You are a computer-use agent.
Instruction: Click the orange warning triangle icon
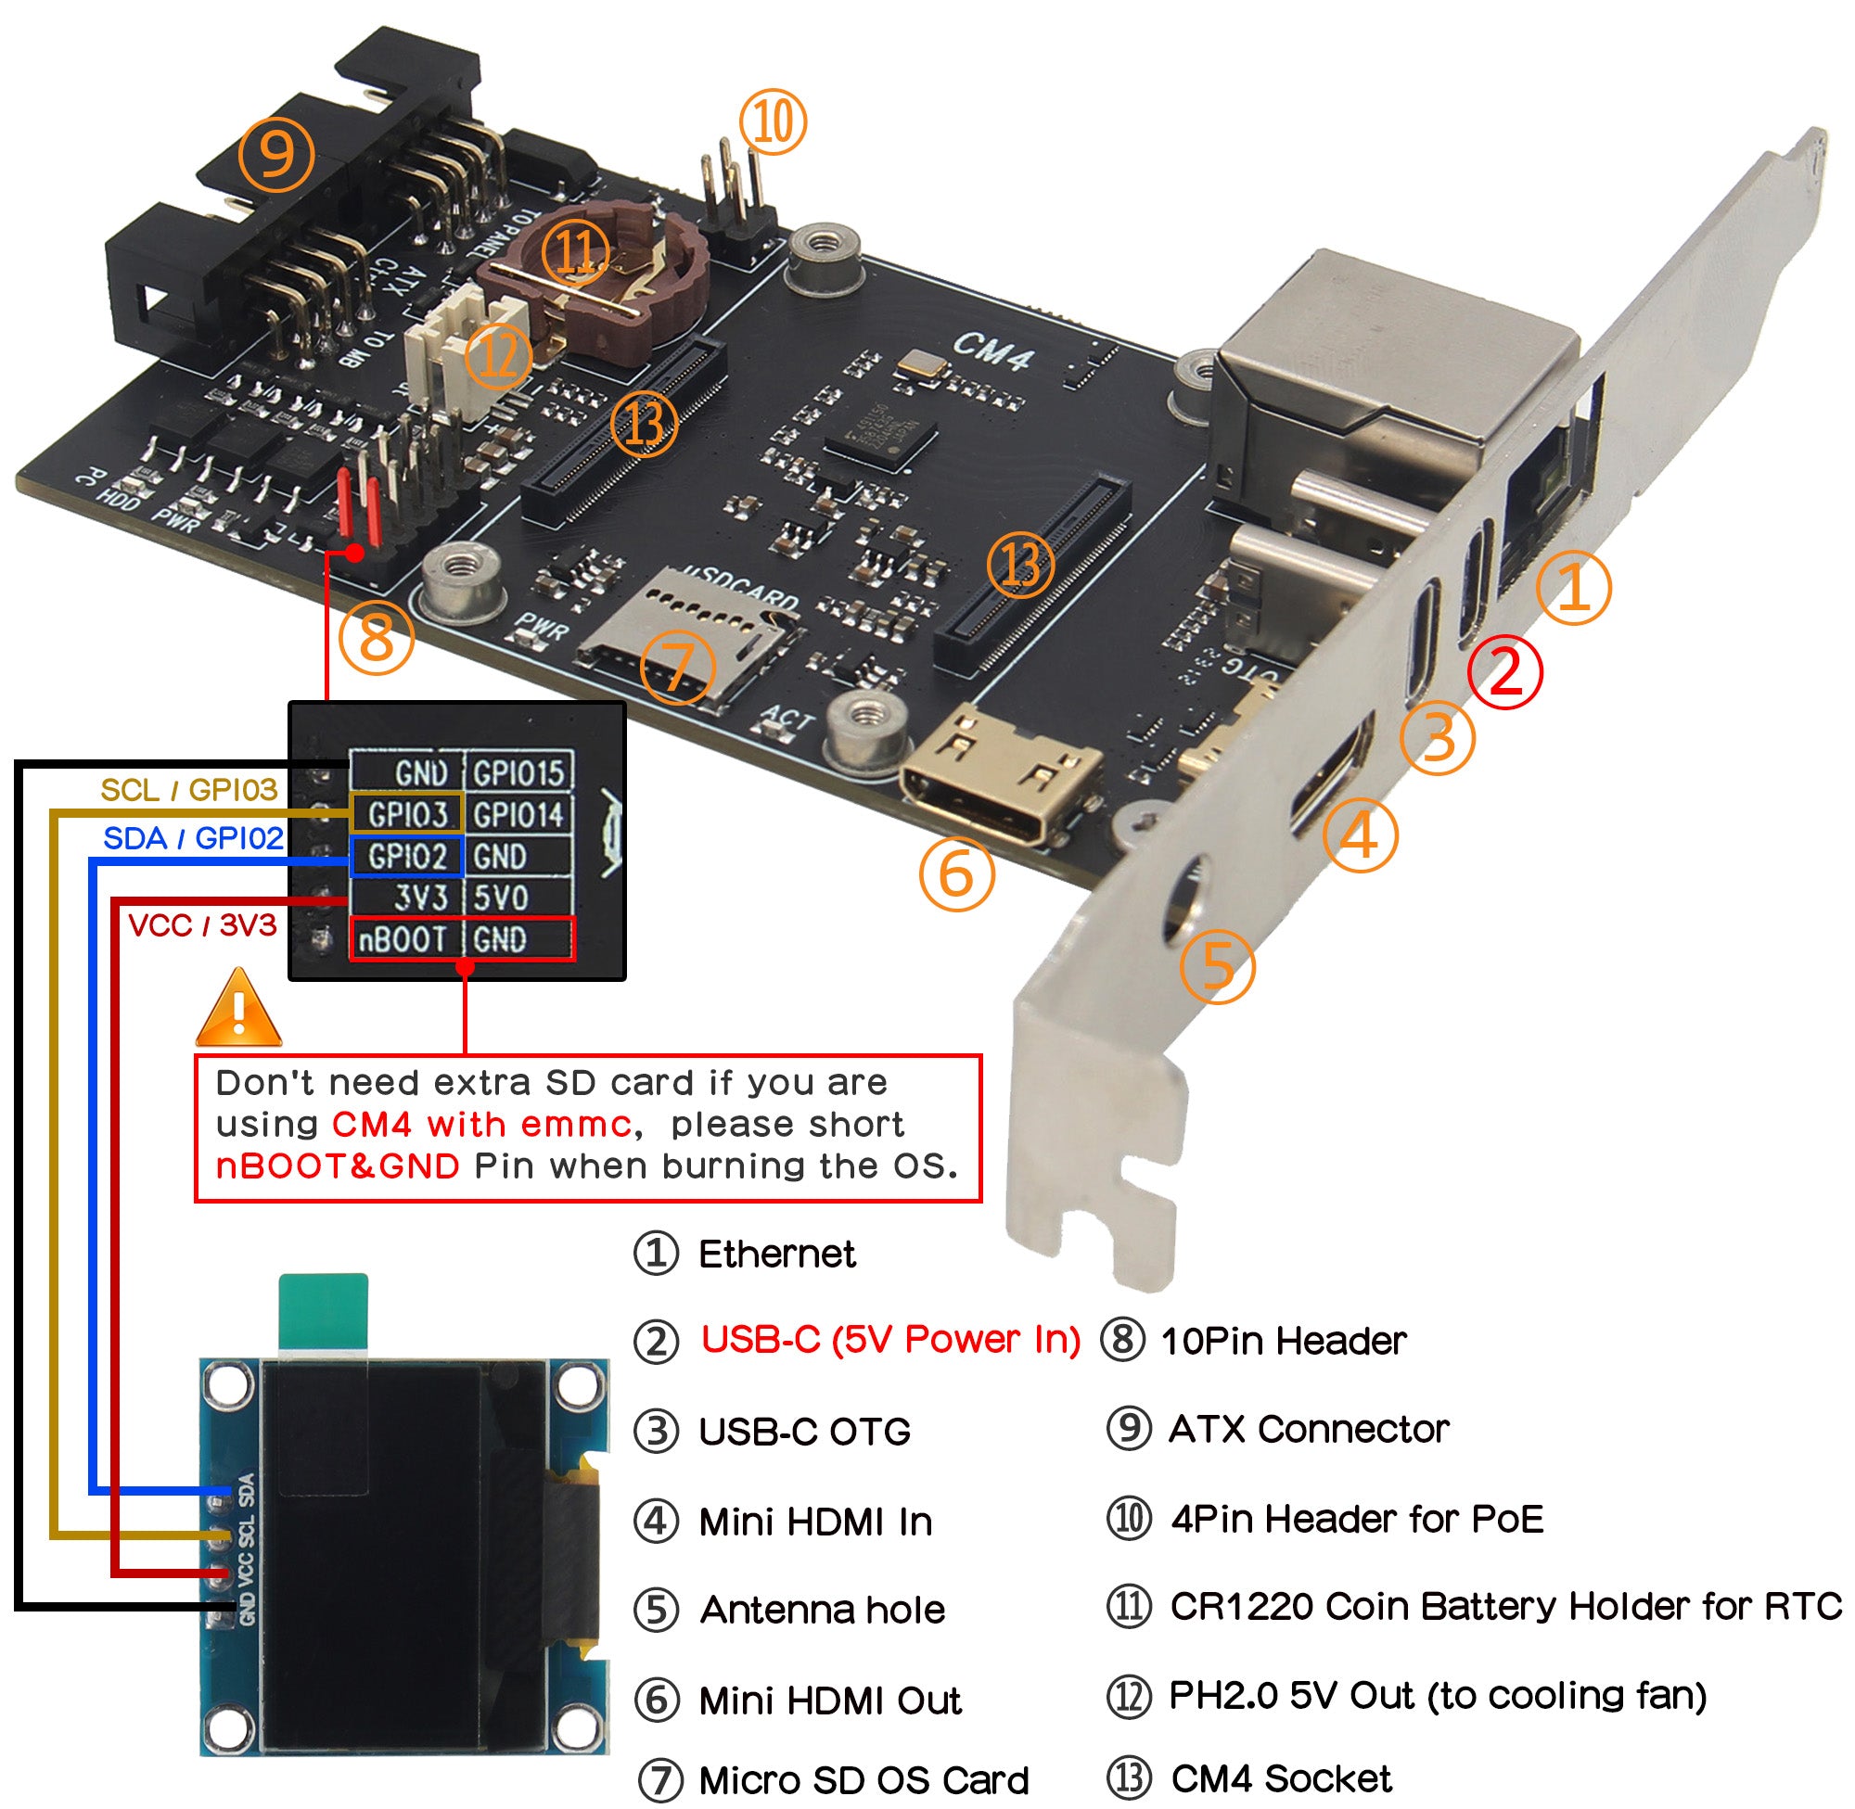(x=237, y=1009)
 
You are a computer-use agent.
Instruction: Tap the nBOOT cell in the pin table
(x=403, y=938)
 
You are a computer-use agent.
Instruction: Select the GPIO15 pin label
(x=518, y=772)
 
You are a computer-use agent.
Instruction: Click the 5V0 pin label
(x=501, y=897)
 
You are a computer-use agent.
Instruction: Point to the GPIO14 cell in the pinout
(x=518, y=814)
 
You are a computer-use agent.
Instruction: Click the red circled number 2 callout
(x=1504, y=671)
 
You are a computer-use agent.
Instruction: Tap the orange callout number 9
(x=275, y=154)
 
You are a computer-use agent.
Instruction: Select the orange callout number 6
(x=956, y=874)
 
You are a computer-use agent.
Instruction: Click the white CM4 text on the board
(x=993, y=353)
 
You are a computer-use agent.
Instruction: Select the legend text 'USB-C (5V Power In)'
(x=890, y=1340)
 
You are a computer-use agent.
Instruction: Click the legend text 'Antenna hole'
(x=822, y=1610)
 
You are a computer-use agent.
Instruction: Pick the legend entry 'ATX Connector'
(x=1308, y=1429)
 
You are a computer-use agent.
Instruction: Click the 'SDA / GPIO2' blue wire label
(x=193, y=838)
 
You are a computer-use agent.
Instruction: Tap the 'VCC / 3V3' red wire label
(x=202, y=924)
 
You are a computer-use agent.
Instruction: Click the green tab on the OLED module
(x=323, y=1311)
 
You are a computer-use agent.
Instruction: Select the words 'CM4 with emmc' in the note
(x=480, y=1124)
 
